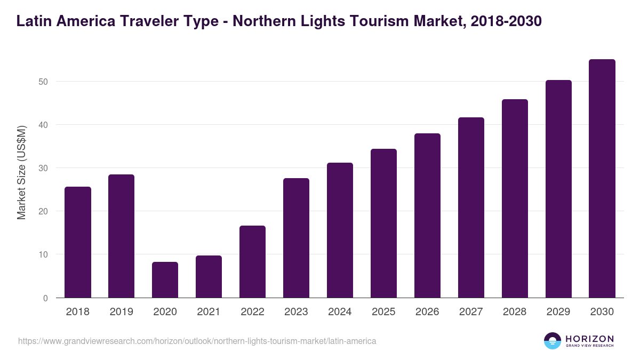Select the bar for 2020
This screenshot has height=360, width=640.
pos(165,279)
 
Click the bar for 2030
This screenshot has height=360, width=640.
pos(602,178)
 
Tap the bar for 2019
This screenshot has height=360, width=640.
pos(121,236)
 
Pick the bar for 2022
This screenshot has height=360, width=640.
pos(252,261)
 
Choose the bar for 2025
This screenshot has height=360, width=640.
pos(383,223)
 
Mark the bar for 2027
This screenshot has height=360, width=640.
pos(471,207)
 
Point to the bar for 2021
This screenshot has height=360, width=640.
pos(209,276)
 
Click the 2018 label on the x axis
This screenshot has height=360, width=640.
pos(77,312)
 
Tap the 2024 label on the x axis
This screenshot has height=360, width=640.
pos(340,312)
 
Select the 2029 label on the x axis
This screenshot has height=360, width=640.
pos(558,312)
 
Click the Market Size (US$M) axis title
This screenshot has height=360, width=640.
pos(21,173)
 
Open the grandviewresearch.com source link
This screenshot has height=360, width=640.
pos(197,341)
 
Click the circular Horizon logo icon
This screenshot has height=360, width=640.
pos(553,341)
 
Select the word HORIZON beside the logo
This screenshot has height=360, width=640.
pos(589,339)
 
